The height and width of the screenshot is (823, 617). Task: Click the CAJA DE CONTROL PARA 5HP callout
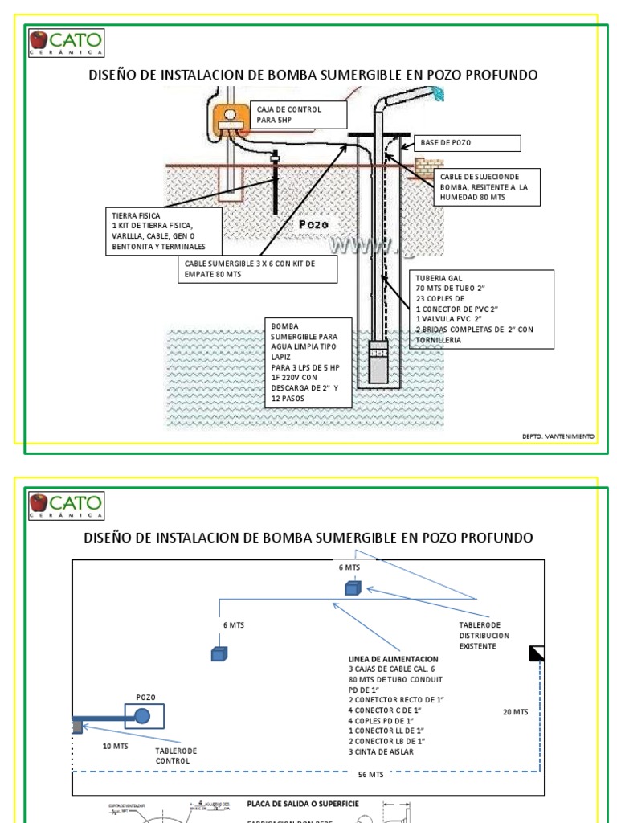299,115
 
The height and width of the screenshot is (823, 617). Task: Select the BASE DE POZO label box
468,143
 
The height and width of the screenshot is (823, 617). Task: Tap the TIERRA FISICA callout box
164,231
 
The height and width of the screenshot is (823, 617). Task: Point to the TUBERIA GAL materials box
482,309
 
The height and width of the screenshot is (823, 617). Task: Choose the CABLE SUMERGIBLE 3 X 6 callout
259,269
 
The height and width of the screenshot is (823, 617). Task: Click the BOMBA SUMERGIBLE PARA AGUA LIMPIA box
308,362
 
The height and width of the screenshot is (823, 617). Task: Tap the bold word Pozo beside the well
313,224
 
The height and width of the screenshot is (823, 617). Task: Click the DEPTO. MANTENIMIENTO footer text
558,436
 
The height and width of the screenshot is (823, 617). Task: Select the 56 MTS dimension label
370,775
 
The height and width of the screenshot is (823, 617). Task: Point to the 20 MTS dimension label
515,712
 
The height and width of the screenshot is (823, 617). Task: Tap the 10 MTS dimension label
115,746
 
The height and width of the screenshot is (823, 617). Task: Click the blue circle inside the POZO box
142,716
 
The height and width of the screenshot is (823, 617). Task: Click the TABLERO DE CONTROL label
176,755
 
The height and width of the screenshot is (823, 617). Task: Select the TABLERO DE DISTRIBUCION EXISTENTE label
484,635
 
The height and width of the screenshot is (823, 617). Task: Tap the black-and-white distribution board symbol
537,653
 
